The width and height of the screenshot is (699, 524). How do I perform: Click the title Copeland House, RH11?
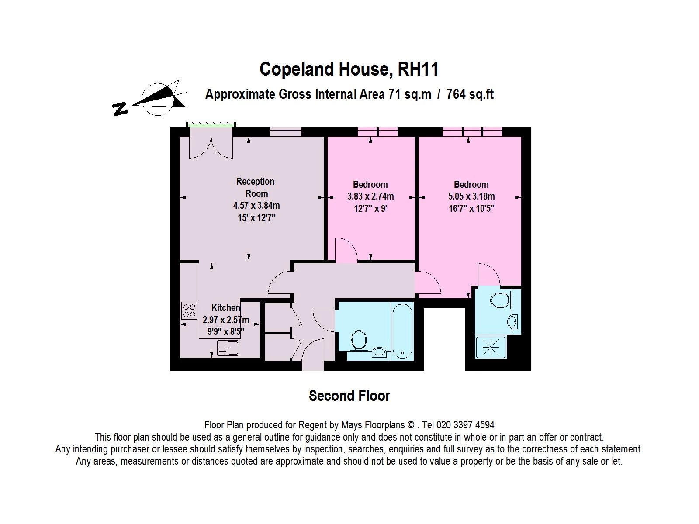[349, 69]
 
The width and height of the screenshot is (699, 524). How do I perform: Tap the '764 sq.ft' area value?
[470, 94]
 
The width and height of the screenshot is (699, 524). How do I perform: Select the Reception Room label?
[256, 187]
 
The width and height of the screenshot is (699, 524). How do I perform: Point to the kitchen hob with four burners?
[190, 310]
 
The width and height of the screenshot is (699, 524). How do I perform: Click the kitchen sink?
[228, 348]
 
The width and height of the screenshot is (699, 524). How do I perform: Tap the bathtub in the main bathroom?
[402, 331]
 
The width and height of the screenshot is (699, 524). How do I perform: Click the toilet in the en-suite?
[500, 300]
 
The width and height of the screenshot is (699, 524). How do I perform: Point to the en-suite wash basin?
[512, 322]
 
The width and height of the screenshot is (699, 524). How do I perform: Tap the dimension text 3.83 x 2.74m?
[370, 196]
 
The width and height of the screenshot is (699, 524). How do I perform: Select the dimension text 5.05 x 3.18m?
[471, 196]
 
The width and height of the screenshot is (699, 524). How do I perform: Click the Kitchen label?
[225, 308]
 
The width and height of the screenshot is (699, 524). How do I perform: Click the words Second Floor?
[349, 396]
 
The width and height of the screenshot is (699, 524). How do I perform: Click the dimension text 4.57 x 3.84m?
[256, 205]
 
